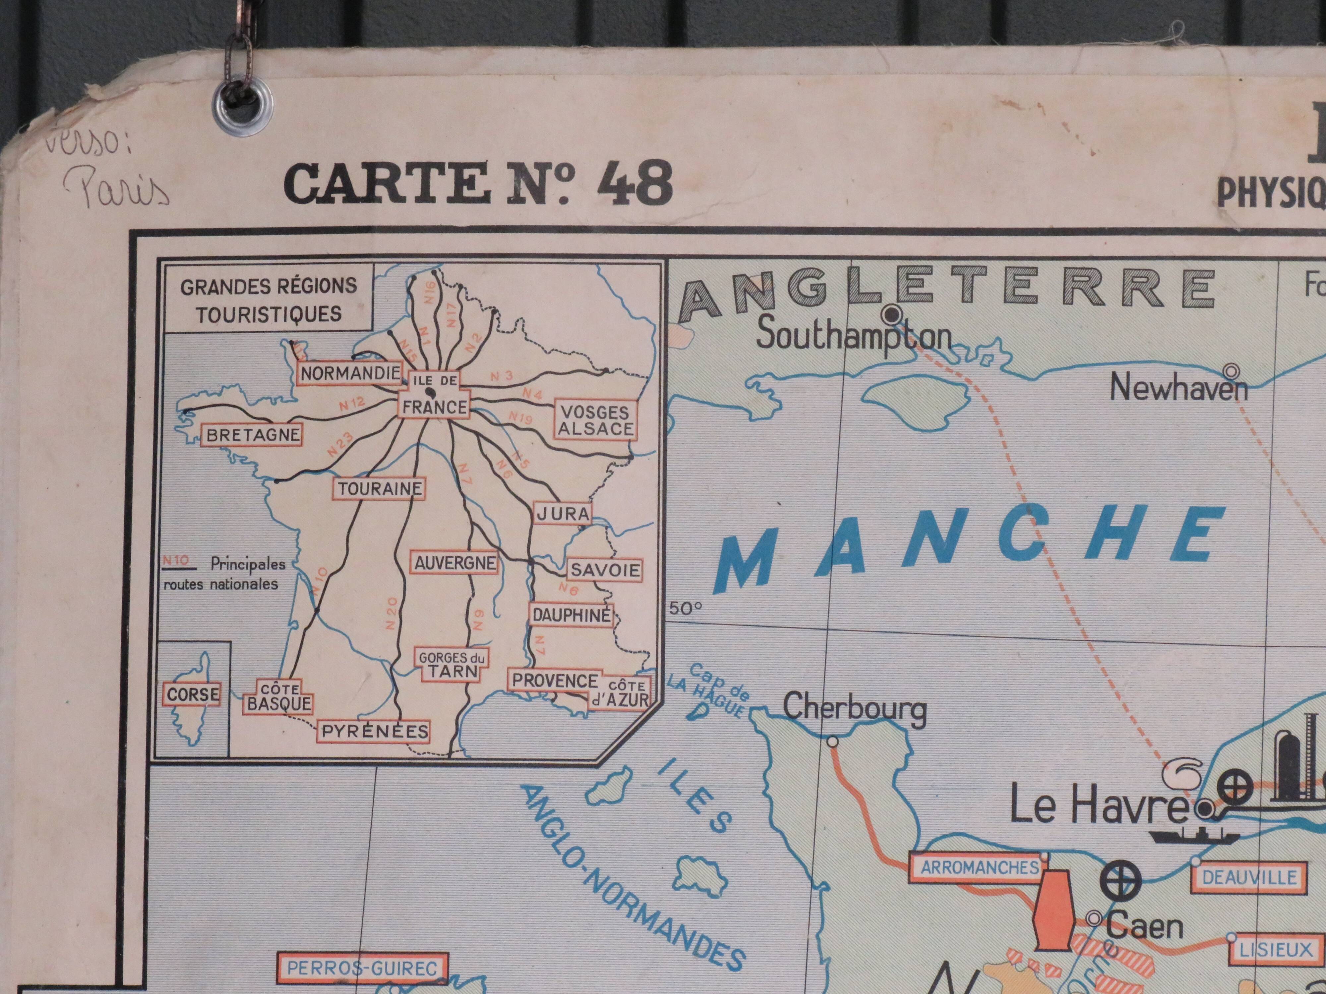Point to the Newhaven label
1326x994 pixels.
[1178, 388]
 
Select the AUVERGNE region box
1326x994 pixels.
[455, 563]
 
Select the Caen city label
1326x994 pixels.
[1143, 926]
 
